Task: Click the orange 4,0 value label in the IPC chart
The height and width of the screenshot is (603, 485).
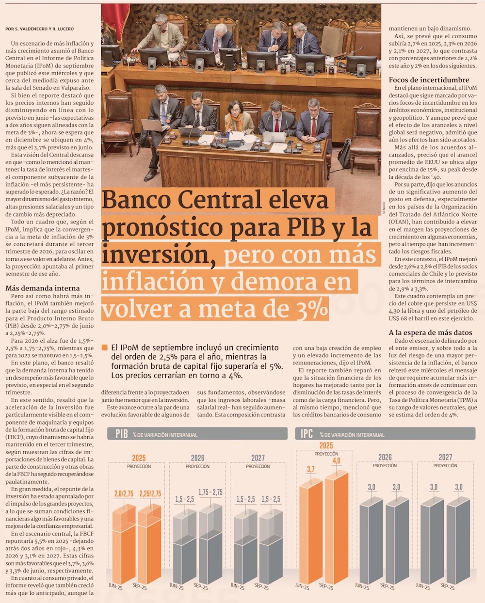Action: click(x=336, y=461)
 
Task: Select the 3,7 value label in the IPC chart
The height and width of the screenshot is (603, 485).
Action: click(x=310, y=469)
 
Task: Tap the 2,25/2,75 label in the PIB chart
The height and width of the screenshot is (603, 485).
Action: click(x=150, y=494)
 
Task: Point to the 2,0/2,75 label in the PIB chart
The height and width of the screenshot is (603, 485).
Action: click(x=124, y=494)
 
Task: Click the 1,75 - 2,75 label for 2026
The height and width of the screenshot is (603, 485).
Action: click(x=210, y=492)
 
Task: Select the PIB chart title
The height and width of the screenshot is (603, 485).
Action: click(x=121, y=434)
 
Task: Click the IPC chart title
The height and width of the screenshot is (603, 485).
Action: click(x=307, y=433)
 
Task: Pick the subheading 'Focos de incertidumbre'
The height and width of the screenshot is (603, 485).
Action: click(x=429, y=80)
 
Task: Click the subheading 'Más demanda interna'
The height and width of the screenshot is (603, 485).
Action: click(x=43, y=288)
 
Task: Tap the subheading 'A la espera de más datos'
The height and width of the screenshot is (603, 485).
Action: click(x=430, y=333)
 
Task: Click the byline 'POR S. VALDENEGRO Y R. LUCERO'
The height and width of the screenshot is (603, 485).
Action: click(x=40, y=29)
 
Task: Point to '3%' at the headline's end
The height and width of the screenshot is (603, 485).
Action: click(x=313, y=308)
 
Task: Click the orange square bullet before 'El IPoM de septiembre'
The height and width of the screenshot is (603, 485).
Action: click(x=104, y=348)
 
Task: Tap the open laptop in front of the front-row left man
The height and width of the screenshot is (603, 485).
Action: click(x=153, y=125)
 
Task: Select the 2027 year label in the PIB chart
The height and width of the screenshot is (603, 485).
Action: click(x=258, y=458)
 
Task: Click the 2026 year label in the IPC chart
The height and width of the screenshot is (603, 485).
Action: click(x=385, y=457)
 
